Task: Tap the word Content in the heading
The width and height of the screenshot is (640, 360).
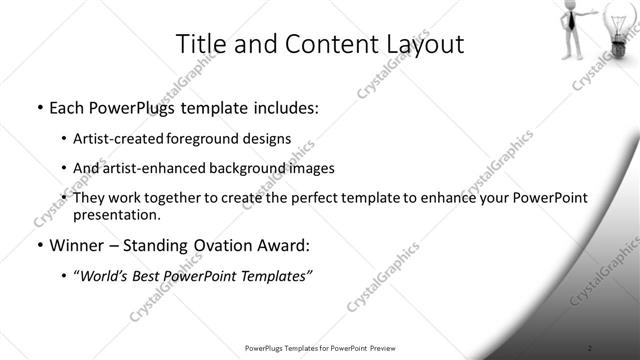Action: click(x=316, y=45)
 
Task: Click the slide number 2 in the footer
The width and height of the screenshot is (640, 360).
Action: click(x=590, y=347)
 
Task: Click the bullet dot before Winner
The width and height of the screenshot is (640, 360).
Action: click(x=38, y=245)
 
